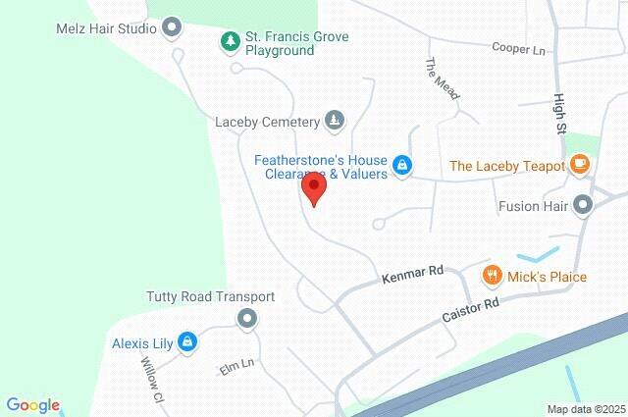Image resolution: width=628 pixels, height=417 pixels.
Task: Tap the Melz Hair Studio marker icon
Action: pyautogui.click(x=173, y=27)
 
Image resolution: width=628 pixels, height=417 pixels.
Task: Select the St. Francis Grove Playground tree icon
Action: pyautogui.click(x=229, y=41)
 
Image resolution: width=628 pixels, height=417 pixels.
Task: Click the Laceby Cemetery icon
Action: pyautogui.click(x=336, y=121)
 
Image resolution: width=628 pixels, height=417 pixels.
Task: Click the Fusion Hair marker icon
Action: pyautogui.click(x=583, y=206)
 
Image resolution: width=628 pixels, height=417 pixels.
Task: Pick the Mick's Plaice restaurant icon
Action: pyautogui.click(x=493, y=276)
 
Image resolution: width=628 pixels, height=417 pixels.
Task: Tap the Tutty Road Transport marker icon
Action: pyautogui.click(x=246, y=318)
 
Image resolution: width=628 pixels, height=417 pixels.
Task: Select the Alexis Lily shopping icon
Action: pyautogui.click(x=188, y=342)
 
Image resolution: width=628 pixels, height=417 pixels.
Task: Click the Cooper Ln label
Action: pyautogui.click(x=518, y=48)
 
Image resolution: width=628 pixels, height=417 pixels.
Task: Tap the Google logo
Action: pyautogui.click(x=32, y=405)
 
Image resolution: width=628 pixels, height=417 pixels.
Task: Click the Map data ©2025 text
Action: pyautogui.click(x=585, y=409)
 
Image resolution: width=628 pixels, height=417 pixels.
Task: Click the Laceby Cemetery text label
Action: pyautogui.click(x=268, y=122)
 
